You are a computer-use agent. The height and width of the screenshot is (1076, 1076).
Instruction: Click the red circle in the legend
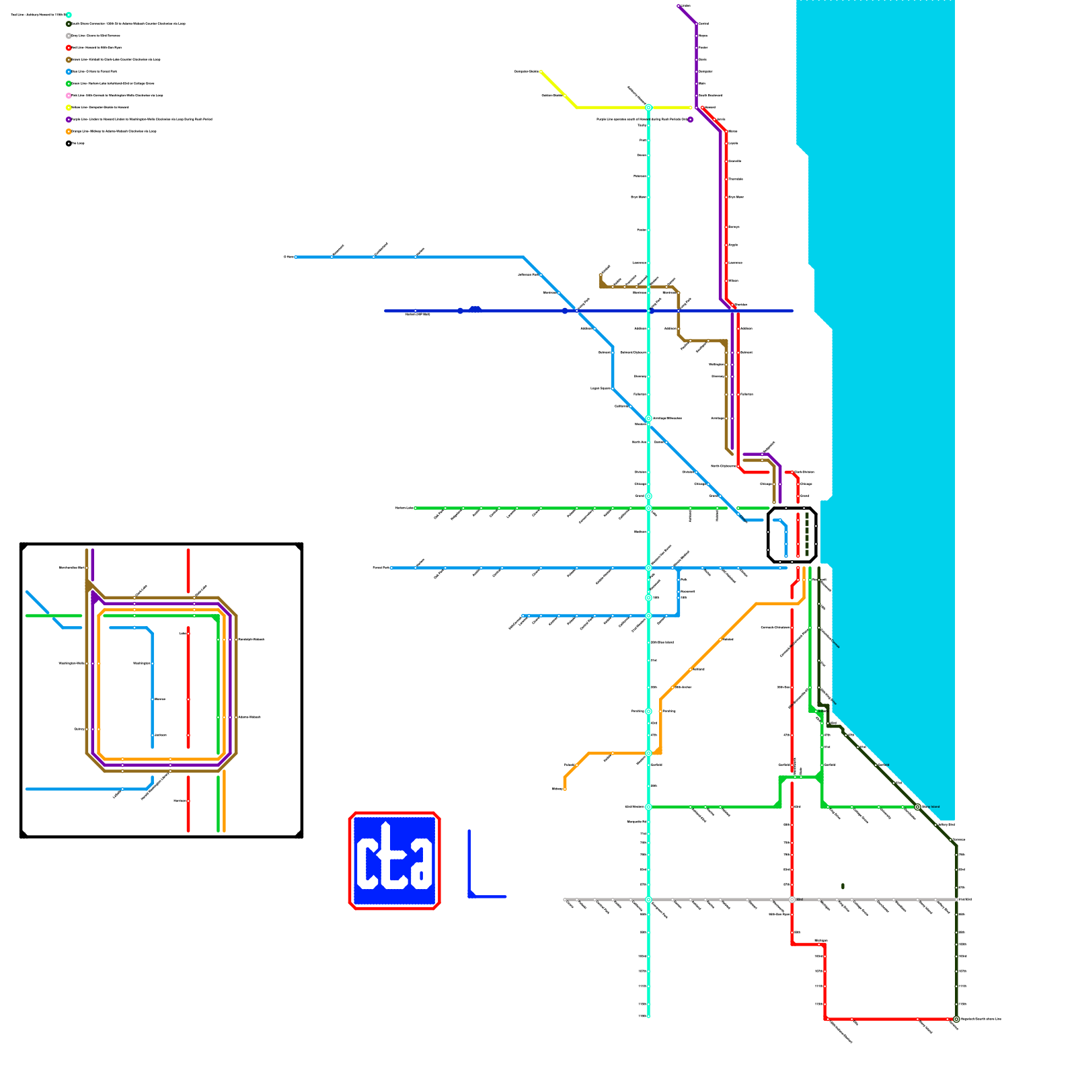coord(69,48)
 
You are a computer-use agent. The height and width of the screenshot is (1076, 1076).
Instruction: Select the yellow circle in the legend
coord(69,108)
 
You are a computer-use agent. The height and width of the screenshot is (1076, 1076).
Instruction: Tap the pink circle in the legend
coord(69,95)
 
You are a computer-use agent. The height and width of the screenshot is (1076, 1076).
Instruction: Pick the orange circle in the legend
coord(69,131)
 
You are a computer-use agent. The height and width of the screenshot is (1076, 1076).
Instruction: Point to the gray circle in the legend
coord(69,36)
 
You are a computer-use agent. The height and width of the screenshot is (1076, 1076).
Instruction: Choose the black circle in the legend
coord(69,143)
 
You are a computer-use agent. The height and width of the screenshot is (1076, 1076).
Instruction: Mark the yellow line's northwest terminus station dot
coord(541,71)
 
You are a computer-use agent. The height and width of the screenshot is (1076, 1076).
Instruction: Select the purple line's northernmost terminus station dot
coord(679,6)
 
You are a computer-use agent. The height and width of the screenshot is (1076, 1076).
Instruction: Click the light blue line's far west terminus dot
coord(296,257)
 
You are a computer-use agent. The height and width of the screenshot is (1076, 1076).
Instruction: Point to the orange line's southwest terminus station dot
coord(565,789)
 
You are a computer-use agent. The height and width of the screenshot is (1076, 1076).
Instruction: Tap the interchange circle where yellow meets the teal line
coord(649,108)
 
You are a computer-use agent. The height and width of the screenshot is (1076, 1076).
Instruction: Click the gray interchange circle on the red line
coord(792,899)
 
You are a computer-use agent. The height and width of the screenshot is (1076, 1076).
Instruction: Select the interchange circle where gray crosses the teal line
coord(649,899)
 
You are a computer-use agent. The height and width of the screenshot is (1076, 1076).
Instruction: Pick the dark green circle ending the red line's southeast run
coord(956,1020)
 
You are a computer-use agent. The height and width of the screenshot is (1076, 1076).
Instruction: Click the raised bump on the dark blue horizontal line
coord(475,308)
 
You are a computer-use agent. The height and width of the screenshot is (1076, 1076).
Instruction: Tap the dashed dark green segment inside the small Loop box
coord(807,534)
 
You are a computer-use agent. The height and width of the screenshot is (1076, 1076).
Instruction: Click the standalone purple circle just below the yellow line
coord(690,120)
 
